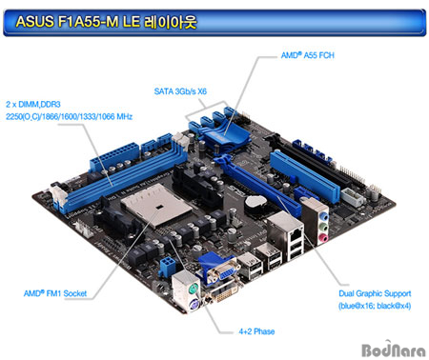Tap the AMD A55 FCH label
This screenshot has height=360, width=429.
(x=307, y=56)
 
